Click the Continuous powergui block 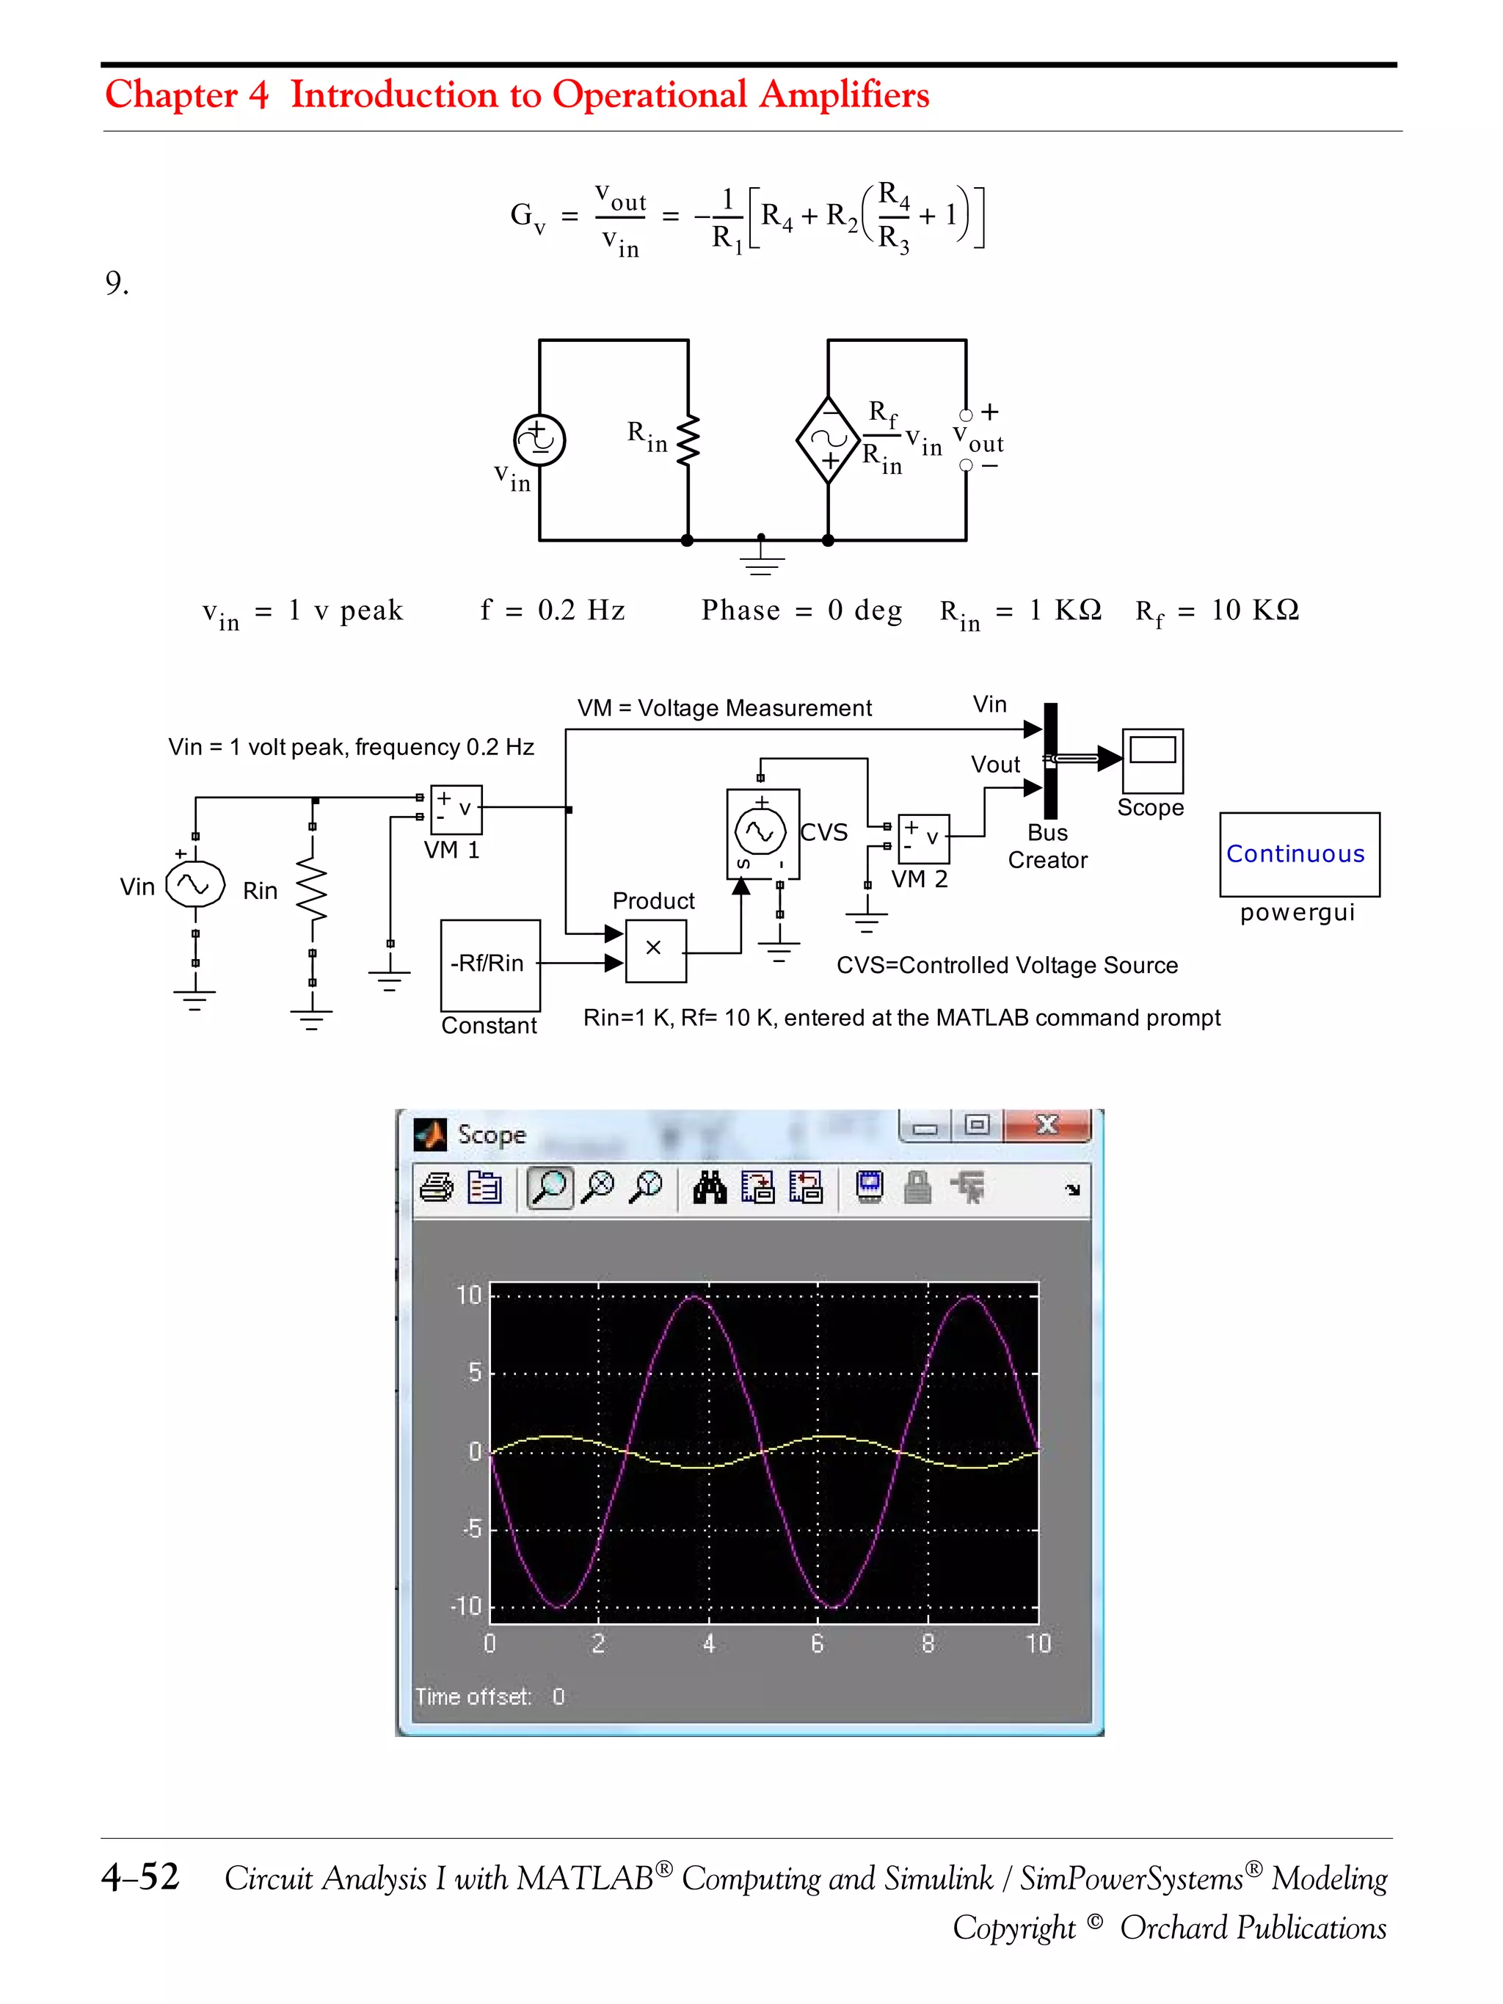1298,854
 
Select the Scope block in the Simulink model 1151,760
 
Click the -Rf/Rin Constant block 490,965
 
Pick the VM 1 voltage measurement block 456,809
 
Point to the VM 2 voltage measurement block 923,838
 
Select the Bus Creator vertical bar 1050,761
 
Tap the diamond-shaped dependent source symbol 827,440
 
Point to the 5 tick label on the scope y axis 474,1372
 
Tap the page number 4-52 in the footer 140,1876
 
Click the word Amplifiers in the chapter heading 843,95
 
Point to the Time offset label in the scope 472,1696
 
